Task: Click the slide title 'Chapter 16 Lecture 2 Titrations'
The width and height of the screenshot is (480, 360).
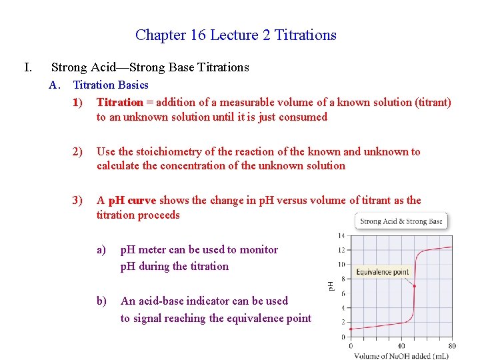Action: [235, 35]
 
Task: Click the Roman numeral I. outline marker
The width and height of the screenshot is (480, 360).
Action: [27, 67]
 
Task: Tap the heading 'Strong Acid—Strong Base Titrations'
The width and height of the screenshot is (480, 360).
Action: [150, 67]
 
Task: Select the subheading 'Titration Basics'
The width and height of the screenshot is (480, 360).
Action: [111, 85]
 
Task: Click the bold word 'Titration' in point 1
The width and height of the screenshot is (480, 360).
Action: [120, 102]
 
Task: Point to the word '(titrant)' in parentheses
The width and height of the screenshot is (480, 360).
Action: [433, 102]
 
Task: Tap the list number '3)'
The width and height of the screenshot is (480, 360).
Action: [79, 201]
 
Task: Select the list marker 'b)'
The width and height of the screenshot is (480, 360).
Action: [101, 301]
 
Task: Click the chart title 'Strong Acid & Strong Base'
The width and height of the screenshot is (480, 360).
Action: [401, 221]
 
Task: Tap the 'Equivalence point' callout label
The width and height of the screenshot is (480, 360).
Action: [382, 271]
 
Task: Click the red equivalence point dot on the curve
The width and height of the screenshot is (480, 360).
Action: [414, 286]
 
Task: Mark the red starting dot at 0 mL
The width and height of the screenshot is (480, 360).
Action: [351, 329]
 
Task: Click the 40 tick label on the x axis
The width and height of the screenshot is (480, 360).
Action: [401, 346]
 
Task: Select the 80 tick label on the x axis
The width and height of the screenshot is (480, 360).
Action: [453, 346]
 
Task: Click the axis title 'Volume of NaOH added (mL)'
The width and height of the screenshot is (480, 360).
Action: [401, 355]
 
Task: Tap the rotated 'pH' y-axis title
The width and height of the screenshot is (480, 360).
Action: [331, 285]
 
